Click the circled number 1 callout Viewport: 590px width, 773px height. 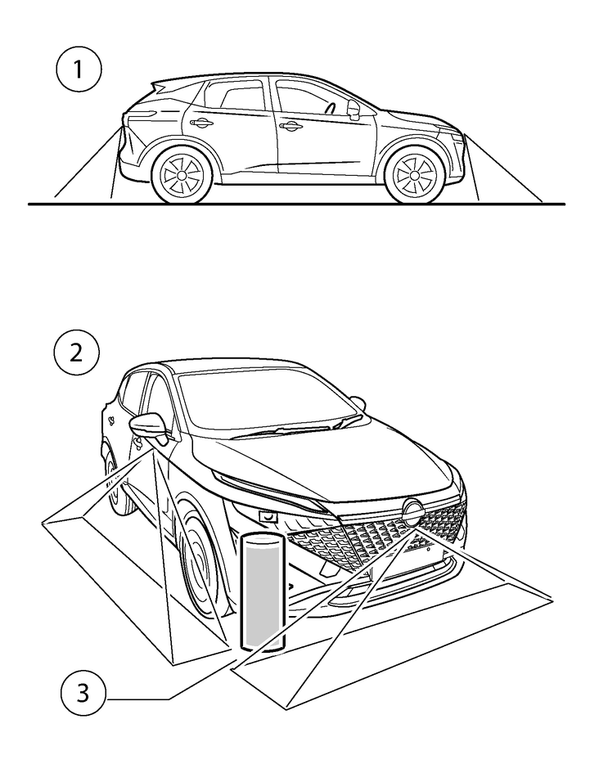tap(79, 70)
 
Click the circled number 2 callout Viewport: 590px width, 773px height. tap(76, 353)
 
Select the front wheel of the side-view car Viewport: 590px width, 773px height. tap(412, 175)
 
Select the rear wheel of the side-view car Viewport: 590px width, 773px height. tap(182, 175)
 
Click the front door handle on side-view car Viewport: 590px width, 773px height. tap(290, 126)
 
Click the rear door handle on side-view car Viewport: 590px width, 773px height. tap(200, 124)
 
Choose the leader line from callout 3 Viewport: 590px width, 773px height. tap(139, 698)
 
